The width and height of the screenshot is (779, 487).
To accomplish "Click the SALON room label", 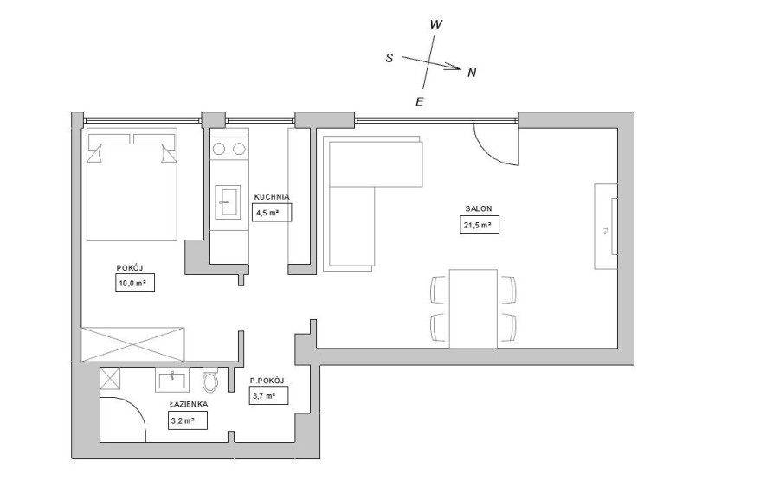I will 479,208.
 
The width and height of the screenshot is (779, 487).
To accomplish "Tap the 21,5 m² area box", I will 480,225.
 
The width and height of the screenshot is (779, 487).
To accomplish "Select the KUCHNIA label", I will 271,196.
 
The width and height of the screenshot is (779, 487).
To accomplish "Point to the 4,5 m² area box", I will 272,212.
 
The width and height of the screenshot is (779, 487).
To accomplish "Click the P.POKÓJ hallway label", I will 267,381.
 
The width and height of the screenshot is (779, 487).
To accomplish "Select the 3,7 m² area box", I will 268,396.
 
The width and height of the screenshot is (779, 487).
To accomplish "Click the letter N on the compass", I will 472,73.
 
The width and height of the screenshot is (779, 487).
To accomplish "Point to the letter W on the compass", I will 436,24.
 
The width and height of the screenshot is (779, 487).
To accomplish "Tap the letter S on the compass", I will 389,58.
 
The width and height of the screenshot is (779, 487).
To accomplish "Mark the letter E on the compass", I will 419,102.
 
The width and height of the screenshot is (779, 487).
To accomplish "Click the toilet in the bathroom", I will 210,381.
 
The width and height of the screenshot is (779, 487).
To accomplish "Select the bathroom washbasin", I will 173,379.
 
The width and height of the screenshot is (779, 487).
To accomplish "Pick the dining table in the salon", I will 473,308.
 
